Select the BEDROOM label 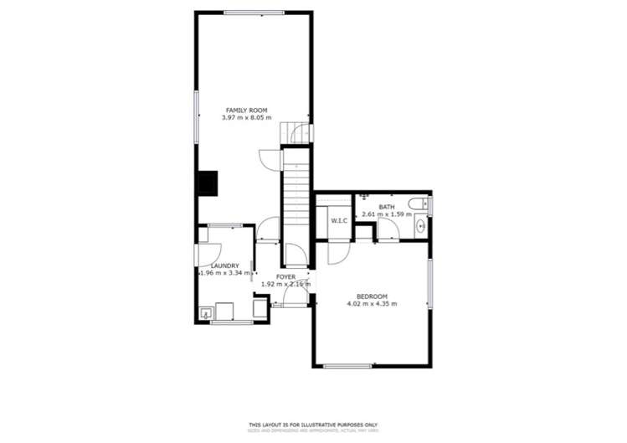372,296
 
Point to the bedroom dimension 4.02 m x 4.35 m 372,303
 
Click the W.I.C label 338,221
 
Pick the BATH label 386,207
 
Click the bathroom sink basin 421,224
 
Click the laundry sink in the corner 204,314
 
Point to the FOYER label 285,276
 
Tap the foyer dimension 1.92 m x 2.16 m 285,285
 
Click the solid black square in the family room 207,183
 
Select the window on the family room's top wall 253,12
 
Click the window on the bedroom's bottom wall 347,365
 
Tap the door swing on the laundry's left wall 204,255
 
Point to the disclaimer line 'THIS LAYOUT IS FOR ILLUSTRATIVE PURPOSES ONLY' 313,424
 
